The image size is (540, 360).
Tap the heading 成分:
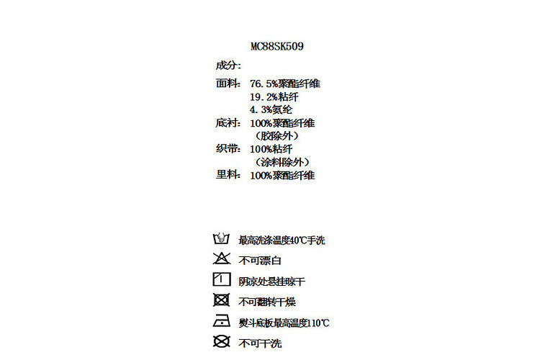pyautogui.click(x=228, y=66)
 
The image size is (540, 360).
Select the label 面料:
pyautogui.click(x=228, y=84)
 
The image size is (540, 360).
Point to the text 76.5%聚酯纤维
pyautogui.click(x=284, y=84)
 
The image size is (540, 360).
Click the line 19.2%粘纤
pyautogui.click(x=274, y=96)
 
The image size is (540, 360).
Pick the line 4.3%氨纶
pyautogui.click(x=271, y=109)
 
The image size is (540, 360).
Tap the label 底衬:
pyautogui.click(x=228, y=123)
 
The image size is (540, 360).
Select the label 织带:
pyautogui.click(x=228, y=149)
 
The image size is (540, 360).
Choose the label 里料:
pyautogui.click(x=228, y=175)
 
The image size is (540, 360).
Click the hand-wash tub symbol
pyautogui.click(x=221, y=239)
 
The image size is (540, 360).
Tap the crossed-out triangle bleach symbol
pyautogui.click(x=221, y=259)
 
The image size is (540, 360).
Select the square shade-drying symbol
pyautogui.click(x=221, y=280)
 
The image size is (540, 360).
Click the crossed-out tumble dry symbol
pyautogui.click(x=221, y=300)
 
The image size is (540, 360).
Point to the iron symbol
pyautogui.click(x=221, y=321)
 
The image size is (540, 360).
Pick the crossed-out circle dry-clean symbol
pyautogui.click(x=221, y=341)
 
